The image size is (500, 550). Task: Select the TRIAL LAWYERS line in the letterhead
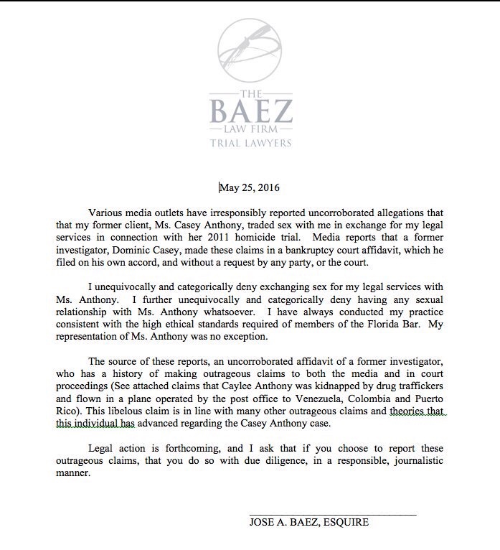click(250, 143)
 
